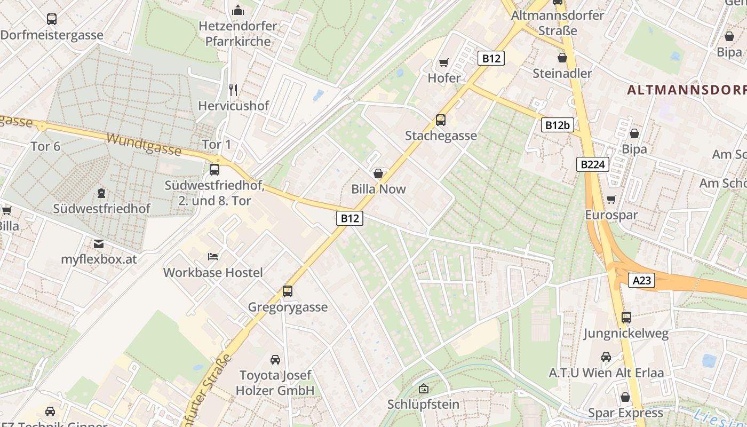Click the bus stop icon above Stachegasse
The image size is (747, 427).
point(440,120)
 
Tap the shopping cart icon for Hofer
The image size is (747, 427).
point(443,63)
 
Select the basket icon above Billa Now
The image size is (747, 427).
point(378,173)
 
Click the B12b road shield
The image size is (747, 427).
point(558,125)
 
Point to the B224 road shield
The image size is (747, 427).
point(592,164)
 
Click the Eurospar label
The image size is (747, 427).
point(611,215)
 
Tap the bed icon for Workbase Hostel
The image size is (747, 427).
point(213,257)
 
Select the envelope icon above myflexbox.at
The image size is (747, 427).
point(99,244)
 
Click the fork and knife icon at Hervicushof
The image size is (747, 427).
point(233,90)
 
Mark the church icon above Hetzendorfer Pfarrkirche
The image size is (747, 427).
point(238,10)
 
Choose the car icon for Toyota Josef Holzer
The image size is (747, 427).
point(275,360)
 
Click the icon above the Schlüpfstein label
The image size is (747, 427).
point(424,389)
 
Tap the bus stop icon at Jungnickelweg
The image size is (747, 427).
point(626,318)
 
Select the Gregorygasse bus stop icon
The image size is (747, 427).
point(288,291)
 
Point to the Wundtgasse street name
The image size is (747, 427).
point(144,144)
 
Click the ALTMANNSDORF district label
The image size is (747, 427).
point(686,90)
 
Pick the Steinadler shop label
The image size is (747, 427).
point(562,73)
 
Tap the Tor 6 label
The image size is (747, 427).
point(45,146)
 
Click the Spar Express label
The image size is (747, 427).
point(625,413)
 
